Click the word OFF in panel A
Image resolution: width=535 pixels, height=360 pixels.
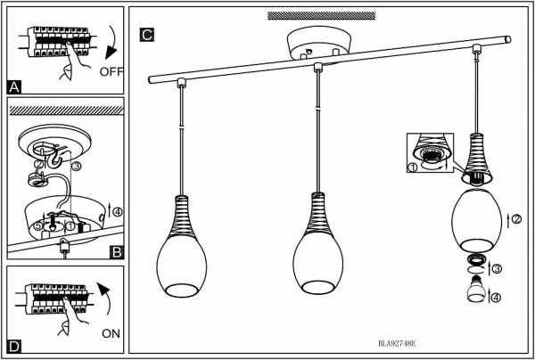(111, 72)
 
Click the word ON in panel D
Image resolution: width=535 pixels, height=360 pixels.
(111, 333)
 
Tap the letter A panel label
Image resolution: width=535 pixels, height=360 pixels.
(14, 87)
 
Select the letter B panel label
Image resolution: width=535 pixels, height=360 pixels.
(116, 252)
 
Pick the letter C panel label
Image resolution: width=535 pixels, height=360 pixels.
(147, 35)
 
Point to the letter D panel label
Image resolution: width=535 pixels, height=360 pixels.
(14, 346)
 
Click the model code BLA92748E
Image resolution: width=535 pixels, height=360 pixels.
(397, 344)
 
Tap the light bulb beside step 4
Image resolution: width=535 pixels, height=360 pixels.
(476, 290)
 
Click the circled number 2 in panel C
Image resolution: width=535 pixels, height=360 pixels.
(516, 219)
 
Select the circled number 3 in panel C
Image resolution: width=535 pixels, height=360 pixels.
(497, 269)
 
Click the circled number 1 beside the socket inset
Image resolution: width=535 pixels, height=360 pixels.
(413, 168)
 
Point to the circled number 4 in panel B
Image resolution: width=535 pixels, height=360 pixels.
(117, 212)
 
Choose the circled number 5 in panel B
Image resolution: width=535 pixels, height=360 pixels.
(38, 225)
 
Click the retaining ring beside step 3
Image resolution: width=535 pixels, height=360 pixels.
(476, 260)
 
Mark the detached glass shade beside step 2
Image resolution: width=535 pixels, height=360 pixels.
(476, 220)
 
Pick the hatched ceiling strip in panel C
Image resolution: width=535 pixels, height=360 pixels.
(321, 16)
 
